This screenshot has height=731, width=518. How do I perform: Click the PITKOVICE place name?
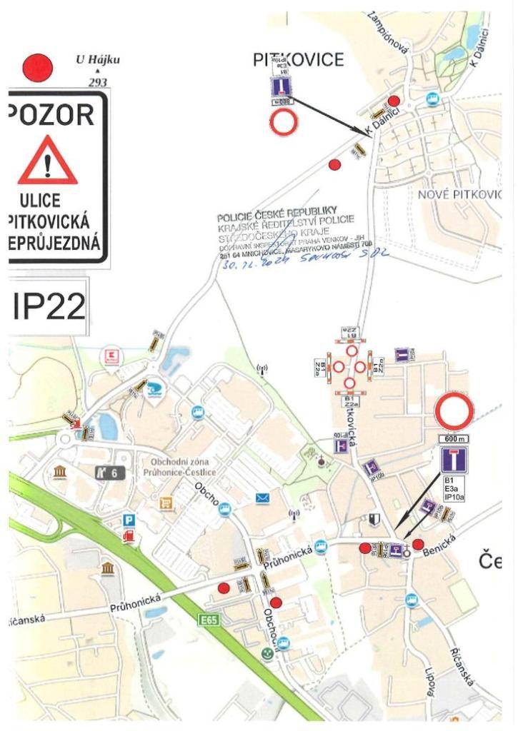click(x=299, y=60)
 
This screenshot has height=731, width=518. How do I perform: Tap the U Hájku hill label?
click(x=98, y=60)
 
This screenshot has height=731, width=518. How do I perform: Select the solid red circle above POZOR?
click(x=39, y=69)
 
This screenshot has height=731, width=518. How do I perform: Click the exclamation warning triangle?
click(x=47, y=161)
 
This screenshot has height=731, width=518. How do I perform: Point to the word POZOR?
click(x=52, y=114)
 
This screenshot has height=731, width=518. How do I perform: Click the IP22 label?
click(x=49, y=306)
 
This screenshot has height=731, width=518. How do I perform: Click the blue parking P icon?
click(x=129, y=520)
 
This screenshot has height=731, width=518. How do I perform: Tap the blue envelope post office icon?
click(x=262, y=498)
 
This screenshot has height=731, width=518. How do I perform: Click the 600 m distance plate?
click(x=454, y=438)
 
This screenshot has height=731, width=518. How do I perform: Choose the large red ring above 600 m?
click(x=454, y=412)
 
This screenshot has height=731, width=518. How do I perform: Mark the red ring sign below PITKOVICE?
click(x=283, y=122)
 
